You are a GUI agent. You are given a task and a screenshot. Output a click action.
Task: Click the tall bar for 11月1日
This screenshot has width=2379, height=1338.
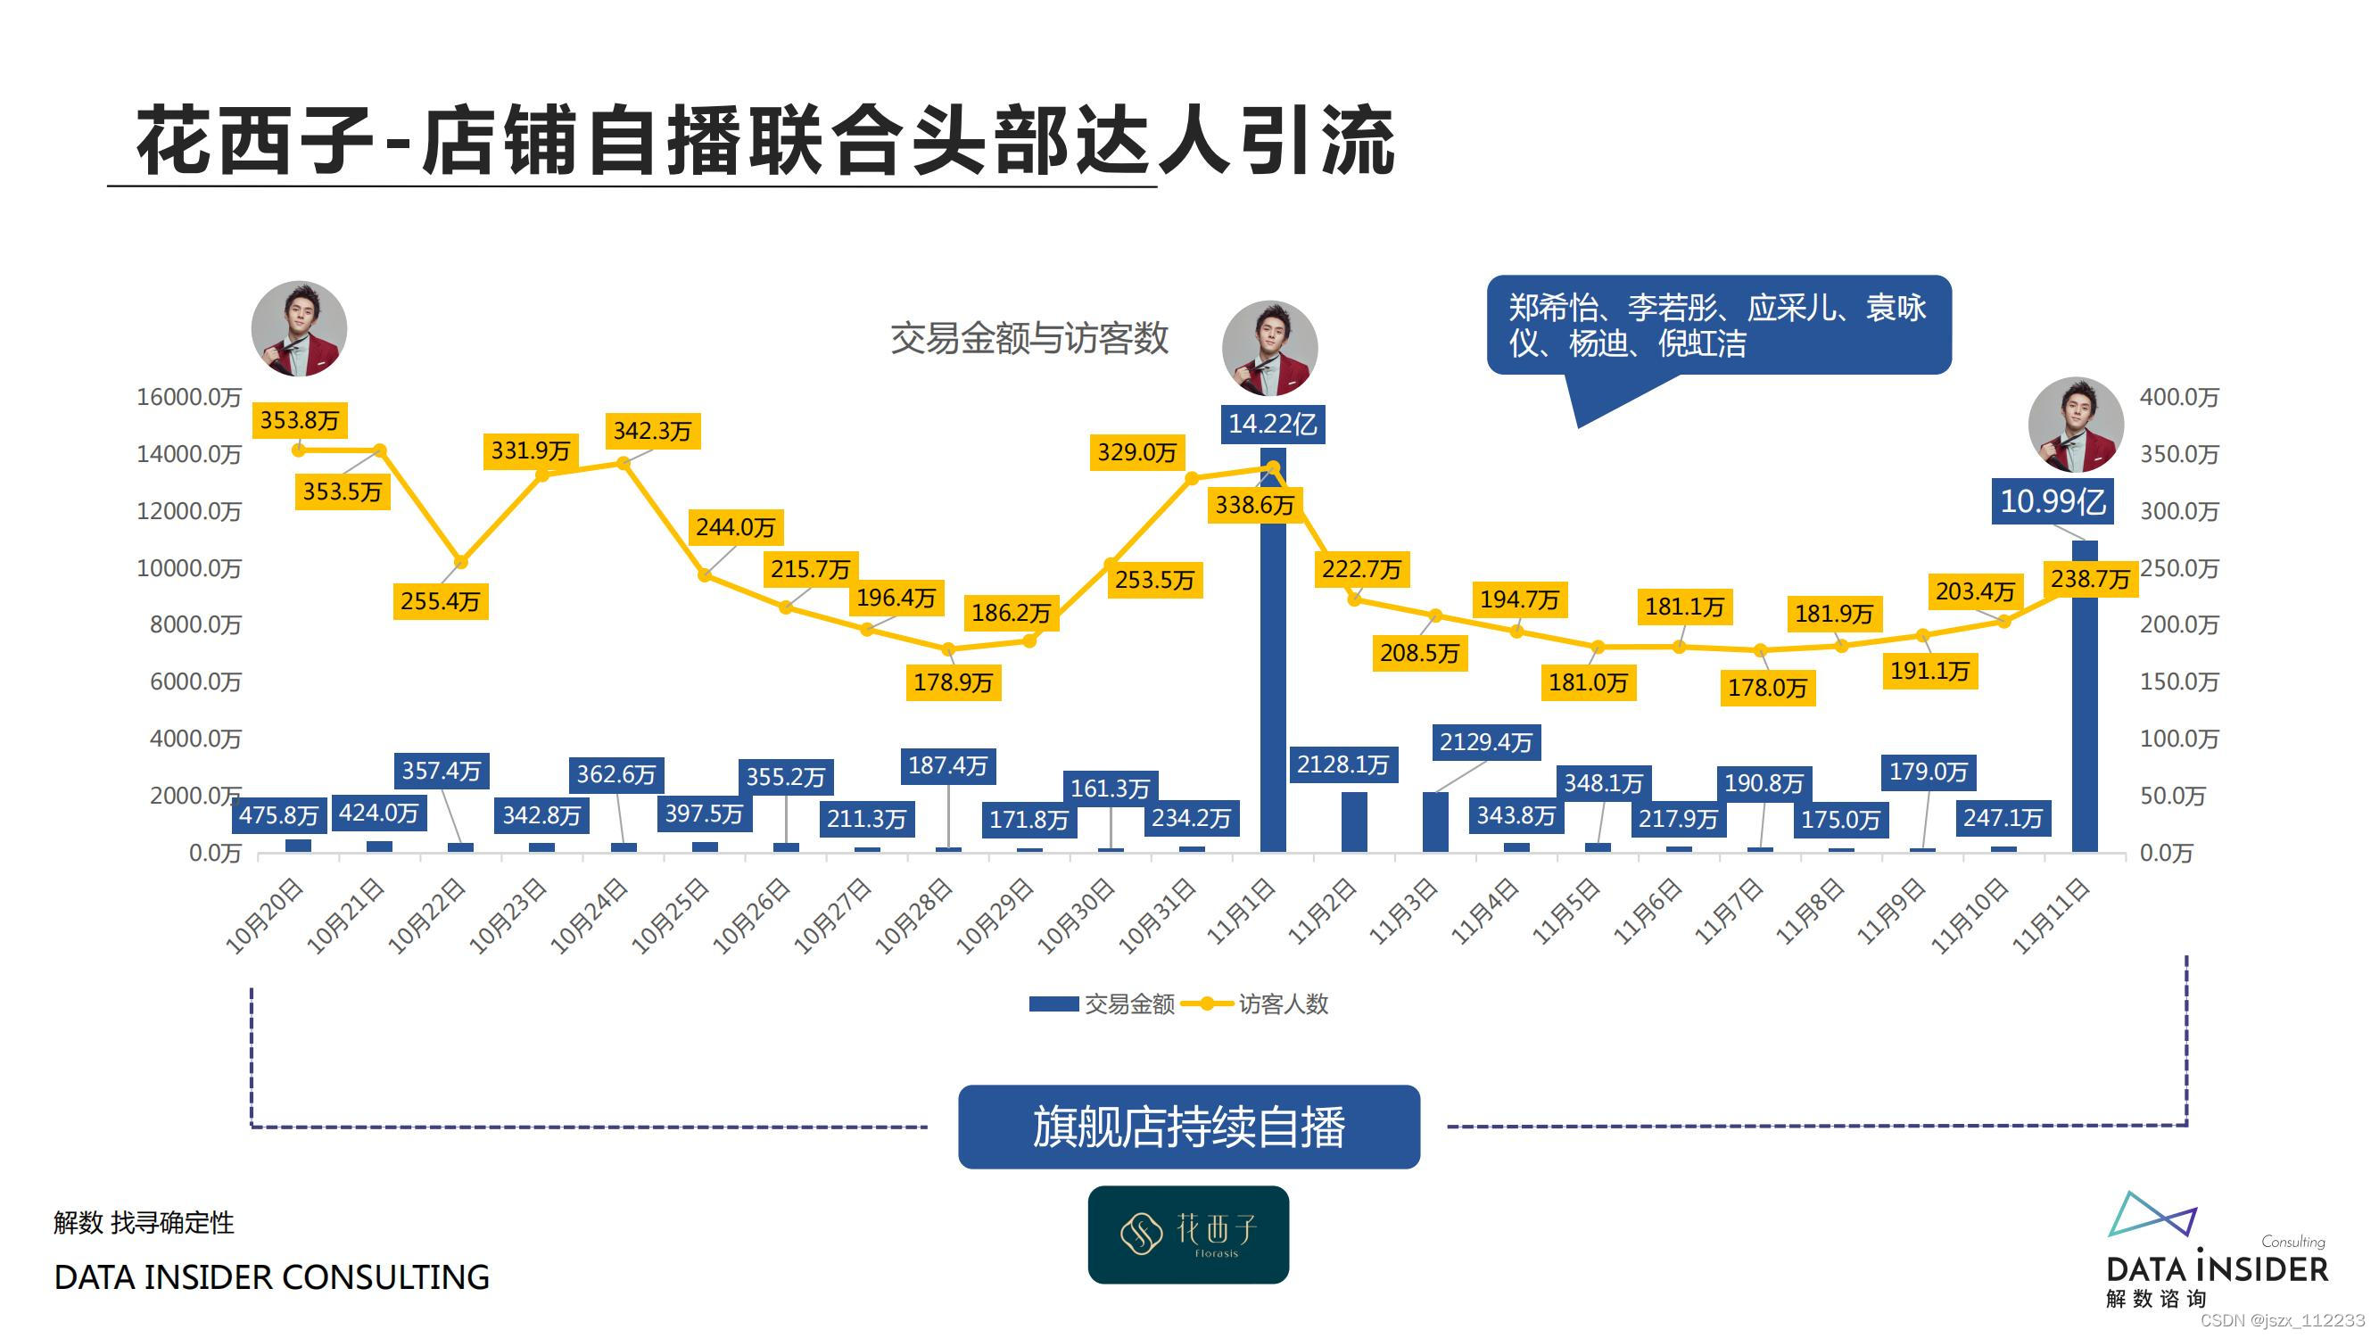click(x=1273, y=665)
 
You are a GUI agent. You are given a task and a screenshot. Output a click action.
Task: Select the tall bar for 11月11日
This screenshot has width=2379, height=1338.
click(x=2085, y=702)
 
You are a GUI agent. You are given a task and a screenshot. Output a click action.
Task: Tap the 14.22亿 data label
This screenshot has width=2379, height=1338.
click(x=1273, y=424)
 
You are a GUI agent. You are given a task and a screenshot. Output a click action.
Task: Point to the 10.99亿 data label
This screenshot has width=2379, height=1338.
click(x=2052, y=501)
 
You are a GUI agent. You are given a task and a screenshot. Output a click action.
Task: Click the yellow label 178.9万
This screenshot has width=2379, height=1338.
click(x=953, y=682)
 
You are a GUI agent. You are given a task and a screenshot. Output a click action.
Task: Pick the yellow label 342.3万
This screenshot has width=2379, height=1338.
click(x=652, y=431)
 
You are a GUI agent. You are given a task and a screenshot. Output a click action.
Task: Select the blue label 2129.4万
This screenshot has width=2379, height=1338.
click(x=1486, y=742)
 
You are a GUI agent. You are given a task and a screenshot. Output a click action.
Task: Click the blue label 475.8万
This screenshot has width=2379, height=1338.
click(x=279, y=815)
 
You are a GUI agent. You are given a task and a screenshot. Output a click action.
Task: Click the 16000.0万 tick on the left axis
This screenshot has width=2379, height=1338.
click(x=188, y=397)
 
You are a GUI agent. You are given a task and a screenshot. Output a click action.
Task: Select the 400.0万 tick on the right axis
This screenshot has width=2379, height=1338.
click(x=2178, y=397)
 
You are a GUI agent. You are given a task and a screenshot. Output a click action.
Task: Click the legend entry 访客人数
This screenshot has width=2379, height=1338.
click(x=1282, y=1003)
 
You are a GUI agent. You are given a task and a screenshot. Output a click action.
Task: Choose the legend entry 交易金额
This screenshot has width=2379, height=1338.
click(x=1128, y=1003)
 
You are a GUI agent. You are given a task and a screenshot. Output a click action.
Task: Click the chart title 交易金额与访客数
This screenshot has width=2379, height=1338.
click(x=1028, y=339)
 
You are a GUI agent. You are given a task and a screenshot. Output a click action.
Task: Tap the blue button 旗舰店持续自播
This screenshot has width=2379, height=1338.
click(x=1188, y=1127)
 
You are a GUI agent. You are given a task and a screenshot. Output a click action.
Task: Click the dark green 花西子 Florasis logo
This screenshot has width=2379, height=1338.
click(x=1187, y=1235)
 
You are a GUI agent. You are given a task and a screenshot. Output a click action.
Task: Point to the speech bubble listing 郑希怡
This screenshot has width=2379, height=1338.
click(x=1718, y=325)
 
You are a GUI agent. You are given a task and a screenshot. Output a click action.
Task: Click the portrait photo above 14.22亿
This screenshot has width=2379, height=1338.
click(x=1269, y=348)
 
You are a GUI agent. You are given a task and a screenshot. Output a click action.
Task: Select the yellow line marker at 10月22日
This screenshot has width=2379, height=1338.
click(x=461, y=562)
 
